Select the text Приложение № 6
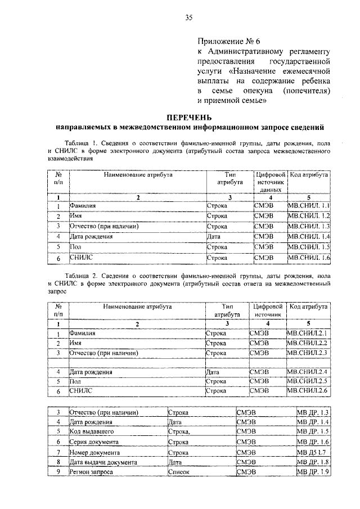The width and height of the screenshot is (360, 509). [229, 42]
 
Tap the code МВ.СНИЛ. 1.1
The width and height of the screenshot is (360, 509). [308, 206]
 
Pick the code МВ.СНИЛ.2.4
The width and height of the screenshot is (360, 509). [307, 372]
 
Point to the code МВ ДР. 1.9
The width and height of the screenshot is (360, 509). [313, 472]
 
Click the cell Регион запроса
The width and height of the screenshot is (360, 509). [91, 472]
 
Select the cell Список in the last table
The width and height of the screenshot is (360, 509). [179, 472]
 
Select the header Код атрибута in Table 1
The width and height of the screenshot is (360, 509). [308, 175]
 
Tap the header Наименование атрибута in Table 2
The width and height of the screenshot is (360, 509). [137, 307]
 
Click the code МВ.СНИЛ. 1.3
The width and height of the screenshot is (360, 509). [308, 227]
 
